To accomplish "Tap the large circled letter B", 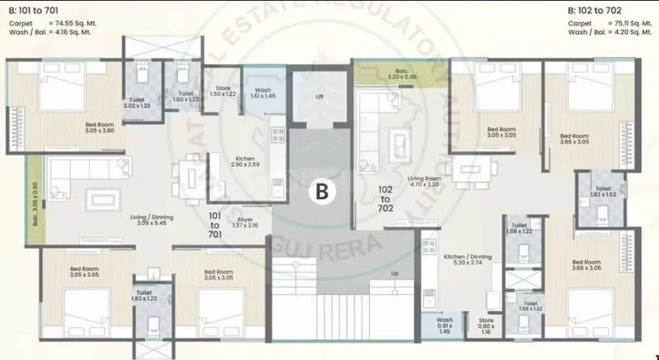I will click(322, 191).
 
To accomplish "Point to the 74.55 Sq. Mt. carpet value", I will click(76, 23).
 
